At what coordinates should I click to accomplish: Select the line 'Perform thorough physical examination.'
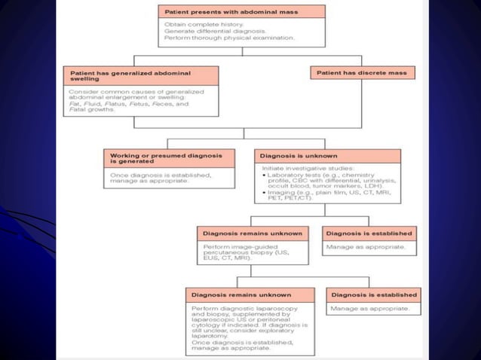pyautogui.click(x=219, y=37)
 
